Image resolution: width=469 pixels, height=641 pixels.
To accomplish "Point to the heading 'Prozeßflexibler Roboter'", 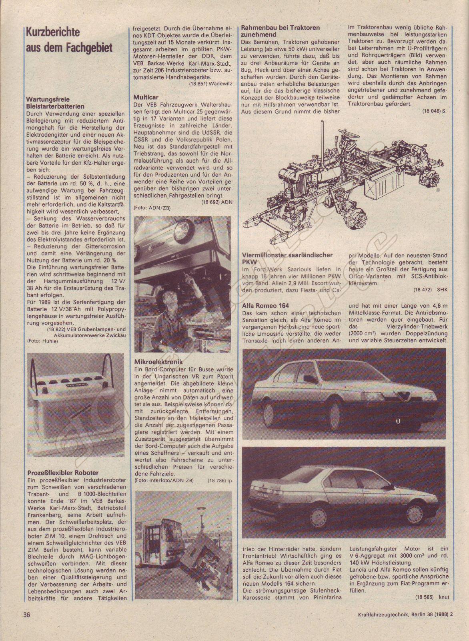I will [62, 473].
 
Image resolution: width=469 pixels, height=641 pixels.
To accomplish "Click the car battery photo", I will [74, 401].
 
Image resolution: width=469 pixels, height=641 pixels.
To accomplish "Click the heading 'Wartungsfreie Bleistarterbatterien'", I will [55, 103].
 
